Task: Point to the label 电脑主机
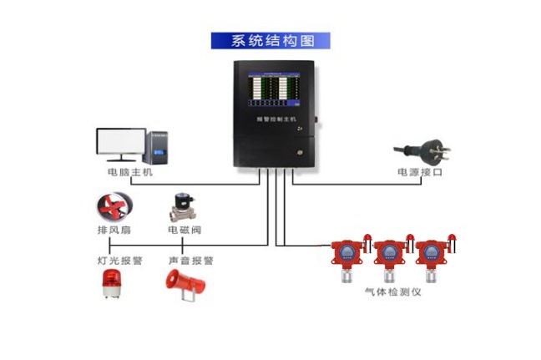[130, 173]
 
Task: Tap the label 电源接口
[419, 173]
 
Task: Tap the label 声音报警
[191, 261]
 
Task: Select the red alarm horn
[184, 285]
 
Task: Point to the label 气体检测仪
[392, 292]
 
